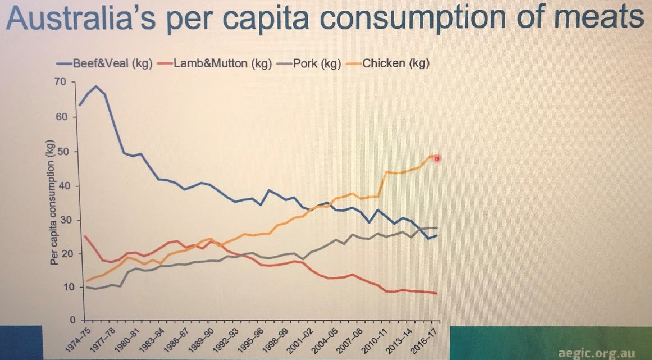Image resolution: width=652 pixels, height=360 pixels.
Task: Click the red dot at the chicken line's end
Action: (x=437, y=158)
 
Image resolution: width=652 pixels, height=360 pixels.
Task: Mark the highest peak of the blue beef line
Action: (x=96, y=86)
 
